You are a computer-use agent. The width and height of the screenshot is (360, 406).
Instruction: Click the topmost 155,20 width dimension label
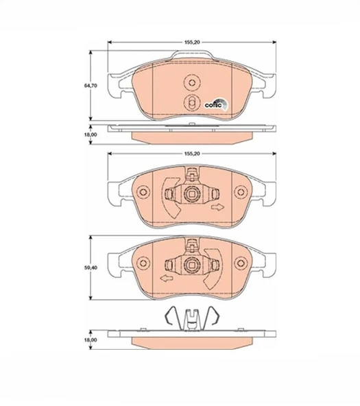coord(192,43)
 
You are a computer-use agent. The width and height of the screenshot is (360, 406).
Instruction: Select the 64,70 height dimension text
coord(91,86)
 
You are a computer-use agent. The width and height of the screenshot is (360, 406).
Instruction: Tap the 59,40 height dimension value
coord(91,267)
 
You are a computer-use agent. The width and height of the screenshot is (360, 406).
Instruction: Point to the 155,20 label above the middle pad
coord(192,154)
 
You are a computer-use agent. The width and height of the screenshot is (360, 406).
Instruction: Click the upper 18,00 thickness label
coord(91,134)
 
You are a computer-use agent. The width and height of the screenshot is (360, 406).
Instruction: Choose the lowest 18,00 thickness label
coord(91,339)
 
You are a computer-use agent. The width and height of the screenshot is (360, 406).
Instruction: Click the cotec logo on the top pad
coord(216,104)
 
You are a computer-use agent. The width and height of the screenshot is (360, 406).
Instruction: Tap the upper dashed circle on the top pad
coord(192,83)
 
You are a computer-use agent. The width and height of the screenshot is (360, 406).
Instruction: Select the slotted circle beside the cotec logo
coord(191,103)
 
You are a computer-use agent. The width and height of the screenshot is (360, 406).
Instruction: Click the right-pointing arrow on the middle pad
coord(217,207)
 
